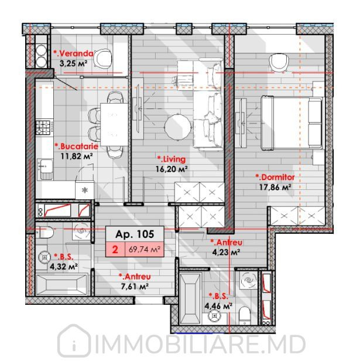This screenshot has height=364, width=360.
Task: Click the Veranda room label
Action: pyautogui.click(x=74, y=53)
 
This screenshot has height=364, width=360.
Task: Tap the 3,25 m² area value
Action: pyautogui.click(x=74, y=63)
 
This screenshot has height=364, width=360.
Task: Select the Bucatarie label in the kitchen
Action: pyautogui.click(x=77, y=147)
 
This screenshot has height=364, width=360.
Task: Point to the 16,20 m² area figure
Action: pyautogui.click(x=172, y=169)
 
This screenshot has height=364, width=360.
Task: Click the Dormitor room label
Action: pyautogui.click(x=275, y=177)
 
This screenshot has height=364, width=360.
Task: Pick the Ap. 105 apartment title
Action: pyautogui.click(x=135, y=234)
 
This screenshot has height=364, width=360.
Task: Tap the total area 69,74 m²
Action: pyautogui.click(x=145, y=250)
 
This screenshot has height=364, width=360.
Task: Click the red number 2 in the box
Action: pyautogui.click(x=115, y=250)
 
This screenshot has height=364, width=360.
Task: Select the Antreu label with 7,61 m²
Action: pyautogui.click(x=135, y=277)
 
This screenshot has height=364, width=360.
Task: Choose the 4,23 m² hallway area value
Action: pyautogui.click(x=226, y=252)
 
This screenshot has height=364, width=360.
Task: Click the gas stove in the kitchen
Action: pyautogui.click(x=43, y=127)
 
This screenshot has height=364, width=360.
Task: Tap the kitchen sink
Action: pyautogui.click(x=45, y=169)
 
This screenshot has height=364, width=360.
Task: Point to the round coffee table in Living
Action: pyautogui.click(x=178, y=127)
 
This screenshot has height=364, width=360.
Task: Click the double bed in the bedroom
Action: pyautogui.click(x=292, y=123)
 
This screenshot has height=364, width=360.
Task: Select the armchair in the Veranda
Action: pyautogui.click(x=102, y=58)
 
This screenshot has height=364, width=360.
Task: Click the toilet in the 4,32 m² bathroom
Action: pyautogui.click(x=45, y=232)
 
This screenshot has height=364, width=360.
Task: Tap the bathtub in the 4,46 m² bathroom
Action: pyautogui.click(x=190, y=298)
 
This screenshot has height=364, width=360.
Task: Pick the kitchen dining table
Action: pyautogui.click(x=114, y=124)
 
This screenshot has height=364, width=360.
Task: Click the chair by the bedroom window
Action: pyautogui.click(x=279, y=62)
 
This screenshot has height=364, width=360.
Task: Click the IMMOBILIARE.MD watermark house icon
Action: pyautogui.click(x=74, y=341)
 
